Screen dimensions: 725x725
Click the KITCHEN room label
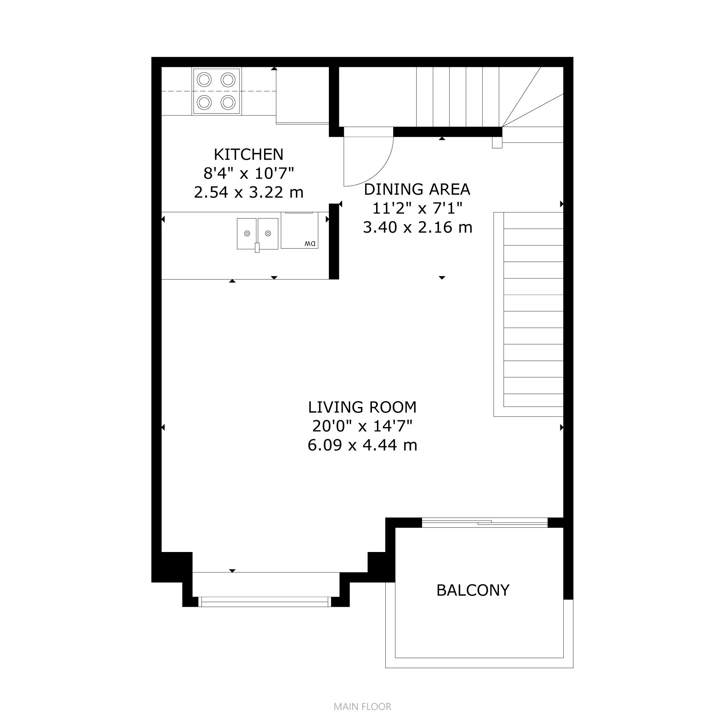coord(248,155)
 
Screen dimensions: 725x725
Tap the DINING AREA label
coord(417,189)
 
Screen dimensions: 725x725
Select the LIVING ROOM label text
coord(362,407)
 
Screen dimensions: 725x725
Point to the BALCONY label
coord(473,590)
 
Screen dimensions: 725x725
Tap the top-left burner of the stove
coord(204,79)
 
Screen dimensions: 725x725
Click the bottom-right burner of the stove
coord(228,102)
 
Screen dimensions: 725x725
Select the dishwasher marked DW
coord(300,231)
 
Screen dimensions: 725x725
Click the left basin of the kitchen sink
coord(247,233)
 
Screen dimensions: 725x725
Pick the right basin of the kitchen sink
coord(268,233)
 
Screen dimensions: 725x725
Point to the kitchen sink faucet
coord(257,247)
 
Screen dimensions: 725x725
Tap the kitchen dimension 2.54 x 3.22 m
coord(248,192)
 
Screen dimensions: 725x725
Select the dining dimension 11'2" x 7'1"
coord(417,208)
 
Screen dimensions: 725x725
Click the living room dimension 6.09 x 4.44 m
coord(362,445)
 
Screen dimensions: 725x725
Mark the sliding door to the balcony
coord(485,522)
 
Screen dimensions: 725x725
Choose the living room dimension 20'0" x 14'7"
coord(362,426)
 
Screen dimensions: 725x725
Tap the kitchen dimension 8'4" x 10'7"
coord(248,173)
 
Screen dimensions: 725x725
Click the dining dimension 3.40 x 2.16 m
coord(417,227)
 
